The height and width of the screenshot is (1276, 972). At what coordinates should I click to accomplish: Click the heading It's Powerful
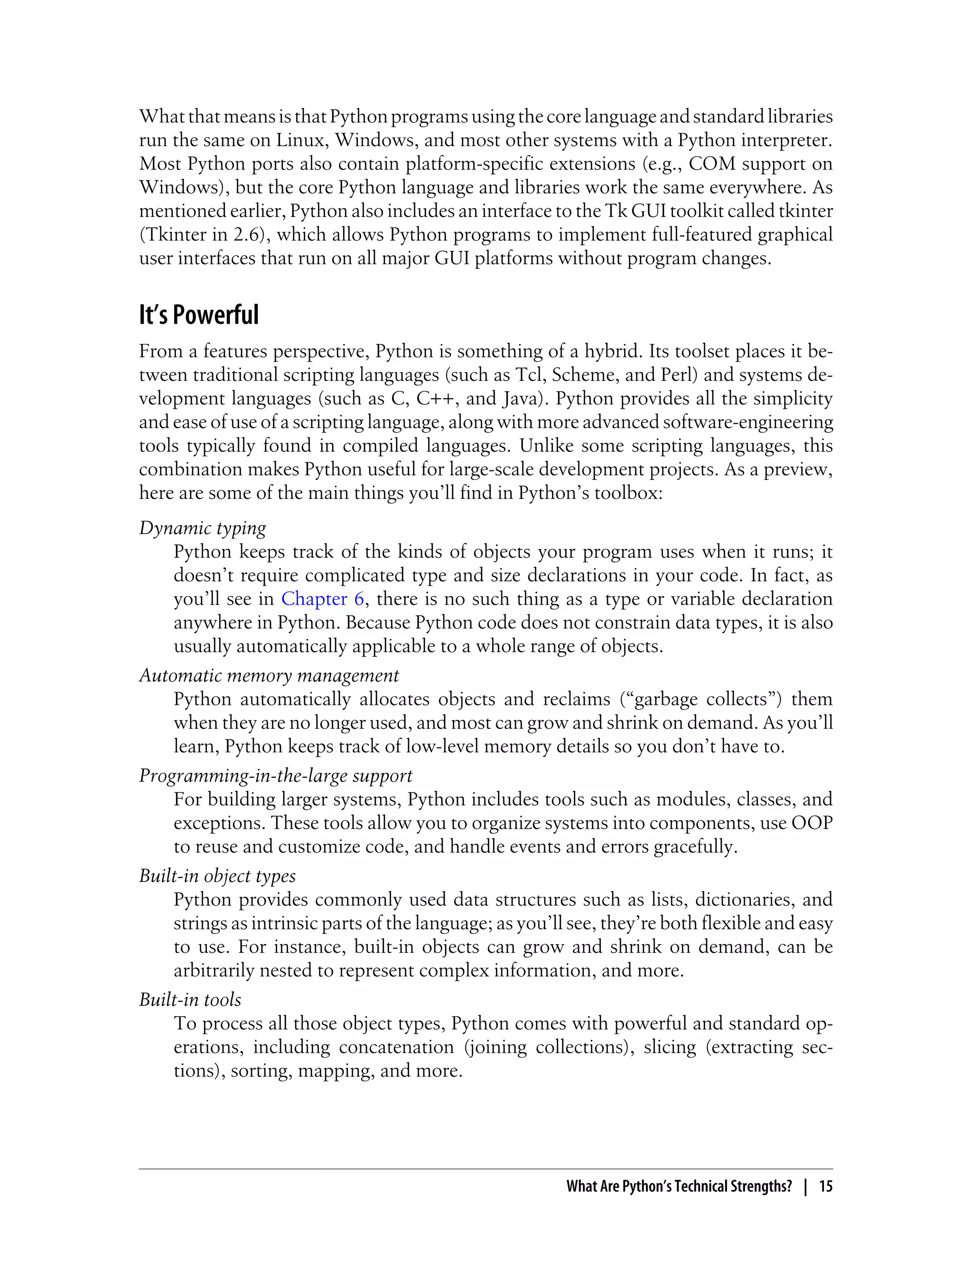coord(198,315)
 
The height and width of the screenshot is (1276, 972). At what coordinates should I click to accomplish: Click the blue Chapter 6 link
coord(322,599)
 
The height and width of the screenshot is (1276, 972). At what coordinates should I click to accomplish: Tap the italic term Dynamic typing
coord(203,528)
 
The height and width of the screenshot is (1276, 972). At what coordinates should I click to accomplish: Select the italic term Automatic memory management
coord(269,676)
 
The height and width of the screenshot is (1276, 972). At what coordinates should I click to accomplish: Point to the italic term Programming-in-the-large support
coord(275,776)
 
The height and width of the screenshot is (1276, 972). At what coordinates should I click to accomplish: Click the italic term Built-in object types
coord(217,876)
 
